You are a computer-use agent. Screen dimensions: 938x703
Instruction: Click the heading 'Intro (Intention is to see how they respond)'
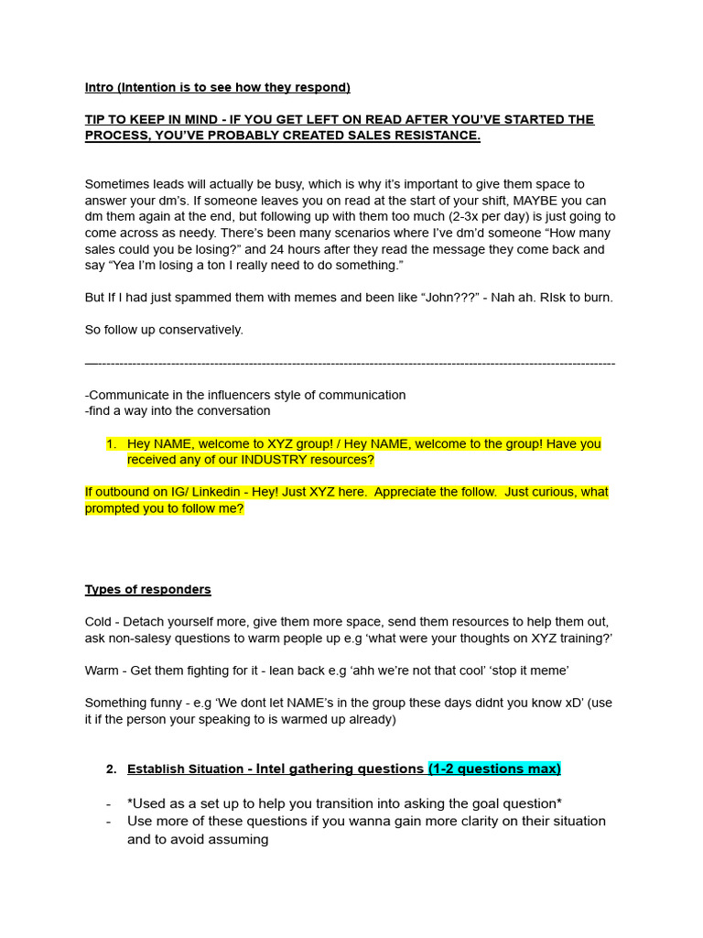click(x=217, y=88)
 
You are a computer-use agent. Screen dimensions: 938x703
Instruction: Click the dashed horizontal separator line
click(x=350, y=364)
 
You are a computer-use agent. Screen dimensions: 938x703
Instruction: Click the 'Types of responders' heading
click(x=148, y=590)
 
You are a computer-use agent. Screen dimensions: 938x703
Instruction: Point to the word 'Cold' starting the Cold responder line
click(x=98, y=622)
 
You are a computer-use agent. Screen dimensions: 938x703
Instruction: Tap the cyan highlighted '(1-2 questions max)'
click(x=494, y=769)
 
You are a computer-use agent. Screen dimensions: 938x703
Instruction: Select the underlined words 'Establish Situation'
click(x=185, y=769)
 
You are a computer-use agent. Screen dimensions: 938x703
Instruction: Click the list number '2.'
click(x=112, y=769)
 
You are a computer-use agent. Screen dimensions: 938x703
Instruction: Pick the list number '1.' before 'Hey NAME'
click(x=112, y=444)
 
